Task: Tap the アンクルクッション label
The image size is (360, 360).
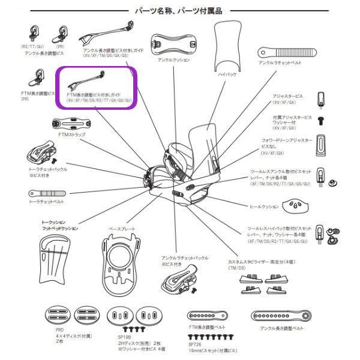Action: tap(173, 60)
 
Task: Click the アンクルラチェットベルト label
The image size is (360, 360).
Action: tap(280, 62)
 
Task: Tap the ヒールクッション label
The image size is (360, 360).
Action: tap(265, 206)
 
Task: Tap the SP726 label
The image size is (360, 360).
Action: tap(193, 346)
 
